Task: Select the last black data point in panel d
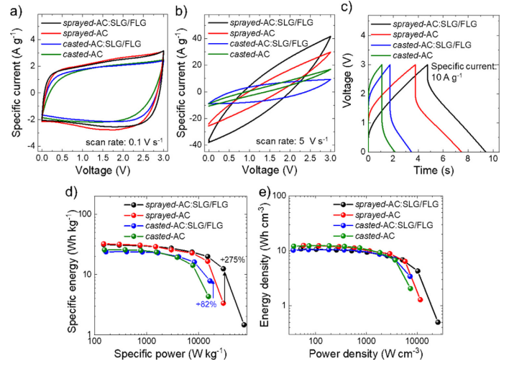[x=244, y=324]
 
